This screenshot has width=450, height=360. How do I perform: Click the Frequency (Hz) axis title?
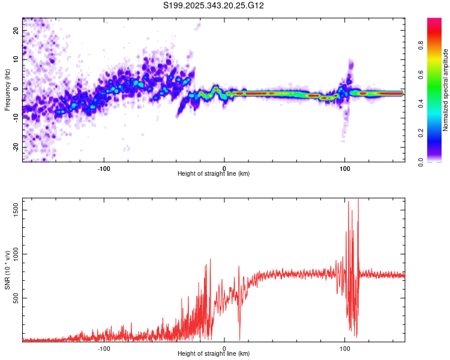tap(7, 89)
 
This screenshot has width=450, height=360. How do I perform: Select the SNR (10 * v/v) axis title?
tap(7, 269)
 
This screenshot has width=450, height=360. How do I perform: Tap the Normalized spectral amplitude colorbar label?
tap(446, 90)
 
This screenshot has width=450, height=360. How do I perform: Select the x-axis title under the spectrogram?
tap(214, 174)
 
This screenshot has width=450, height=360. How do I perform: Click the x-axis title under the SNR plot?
tap(214, 354)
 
